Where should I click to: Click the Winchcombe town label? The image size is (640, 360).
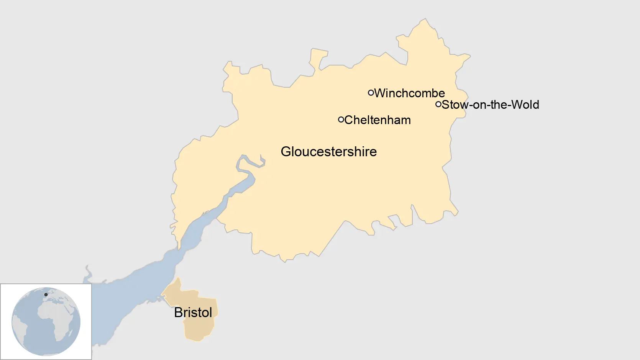pyautogui.click(x=409, y=93)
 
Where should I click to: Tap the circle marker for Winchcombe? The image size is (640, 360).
pyautogui.click(x=371, y=93)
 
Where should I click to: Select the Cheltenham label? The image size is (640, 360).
pyautogui.click(x=377, y=120)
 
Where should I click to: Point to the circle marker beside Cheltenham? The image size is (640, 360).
pyautogui.click(x=341, y=119)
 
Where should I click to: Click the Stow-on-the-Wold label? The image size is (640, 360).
pyautogui.click(x=490, y=105)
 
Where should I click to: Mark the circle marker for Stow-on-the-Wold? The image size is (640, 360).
pyautogui.click(x=438, y=104)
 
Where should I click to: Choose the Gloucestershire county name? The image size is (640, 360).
pyautogui.click(x=328, y=152)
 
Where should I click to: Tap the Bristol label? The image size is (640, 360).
pyautogui.click(x=193, y=313)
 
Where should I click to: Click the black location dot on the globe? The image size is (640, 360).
pyautogui.click(x=46, y=295)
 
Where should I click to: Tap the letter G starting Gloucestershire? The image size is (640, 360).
pyautogui.click(x=286, y=152)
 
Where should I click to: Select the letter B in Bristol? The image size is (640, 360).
pyautogui.click(x=178, y=313)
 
